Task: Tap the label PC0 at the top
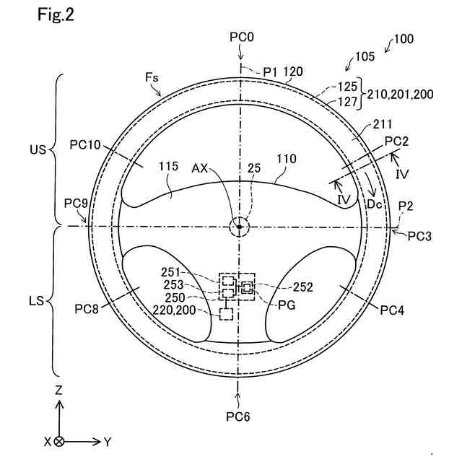click(242, 37)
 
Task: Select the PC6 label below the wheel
click(238, 417)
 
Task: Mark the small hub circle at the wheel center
click(239, 227)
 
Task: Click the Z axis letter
click(58, 391)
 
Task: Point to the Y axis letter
click(108, 440)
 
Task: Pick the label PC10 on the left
click(85, 144)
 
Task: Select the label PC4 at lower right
click(393, 311)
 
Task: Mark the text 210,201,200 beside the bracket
click(400, 94)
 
